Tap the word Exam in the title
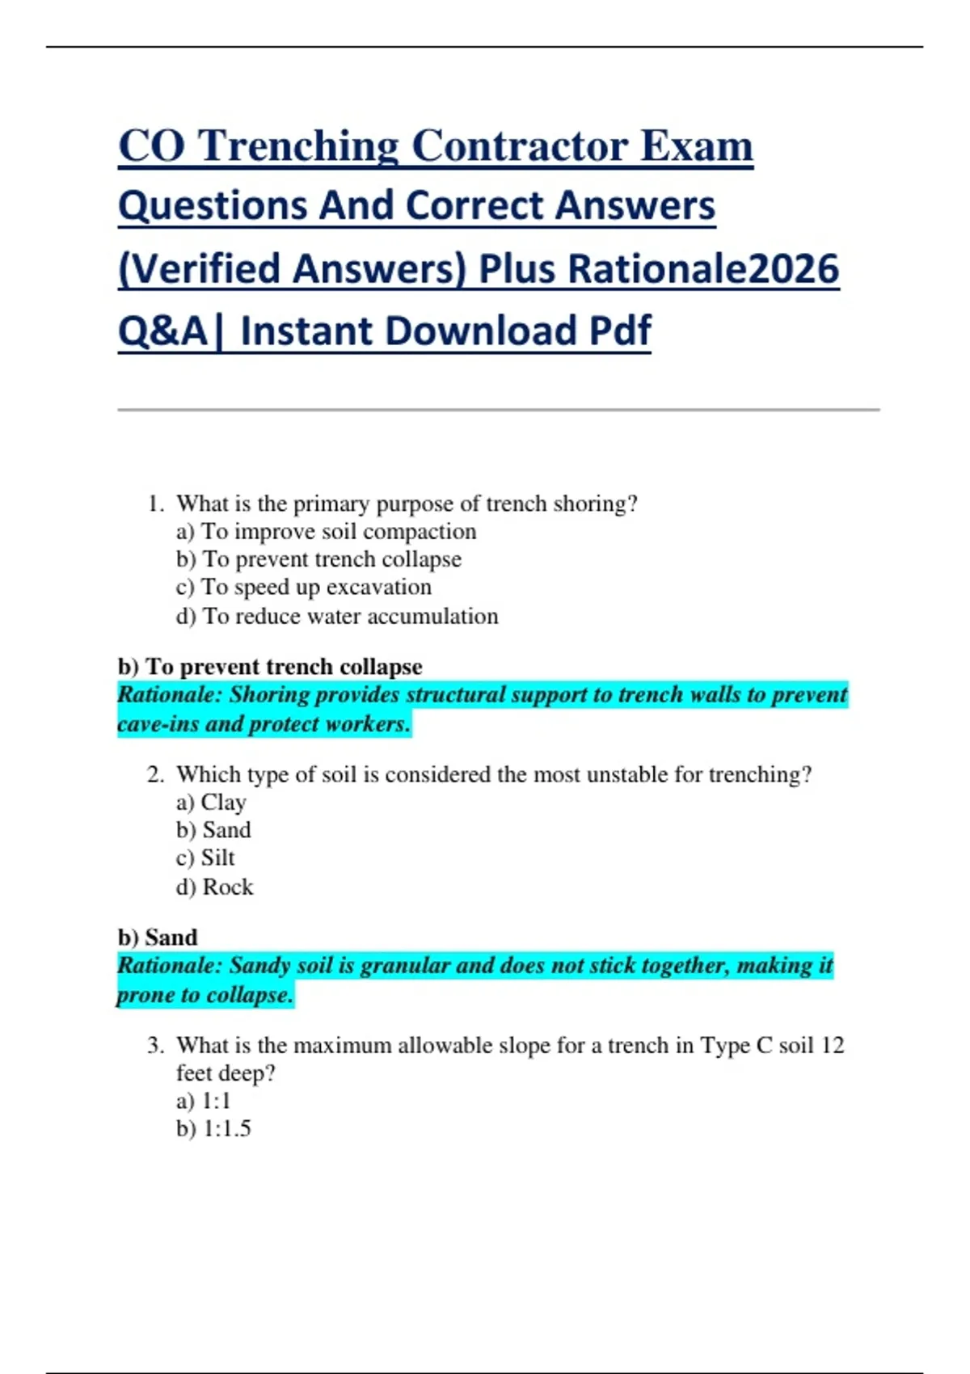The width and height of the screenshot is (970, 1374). (x=696, y=147)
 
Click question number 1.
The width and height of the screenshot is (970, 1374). (x=156, y=504)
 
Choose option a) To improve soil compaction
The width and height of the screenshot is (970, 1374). (x=326, y=532)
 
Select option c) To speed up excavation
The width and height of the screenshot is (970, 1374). (x=303, y=587)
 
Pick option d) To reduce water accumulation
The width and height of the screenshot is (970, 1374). (x=337, y=616)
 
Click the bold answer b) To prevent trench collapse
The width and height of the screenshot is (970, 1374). (x=270, y=667)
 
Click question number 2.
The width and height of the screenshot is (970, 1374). (x=156, y=774)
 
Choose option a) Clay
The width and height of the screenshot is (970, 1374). (x=211, y=803)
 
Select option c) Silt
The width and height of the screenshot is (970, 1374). (x=205, y=858)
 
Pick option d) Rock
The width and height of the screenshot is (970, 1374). (x=214, y=887)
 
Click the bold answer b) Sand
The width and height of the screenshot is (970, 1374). (x=158, y=938)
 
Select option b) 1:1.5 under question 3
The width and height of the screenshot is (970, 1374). (x=213, y=1128)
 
